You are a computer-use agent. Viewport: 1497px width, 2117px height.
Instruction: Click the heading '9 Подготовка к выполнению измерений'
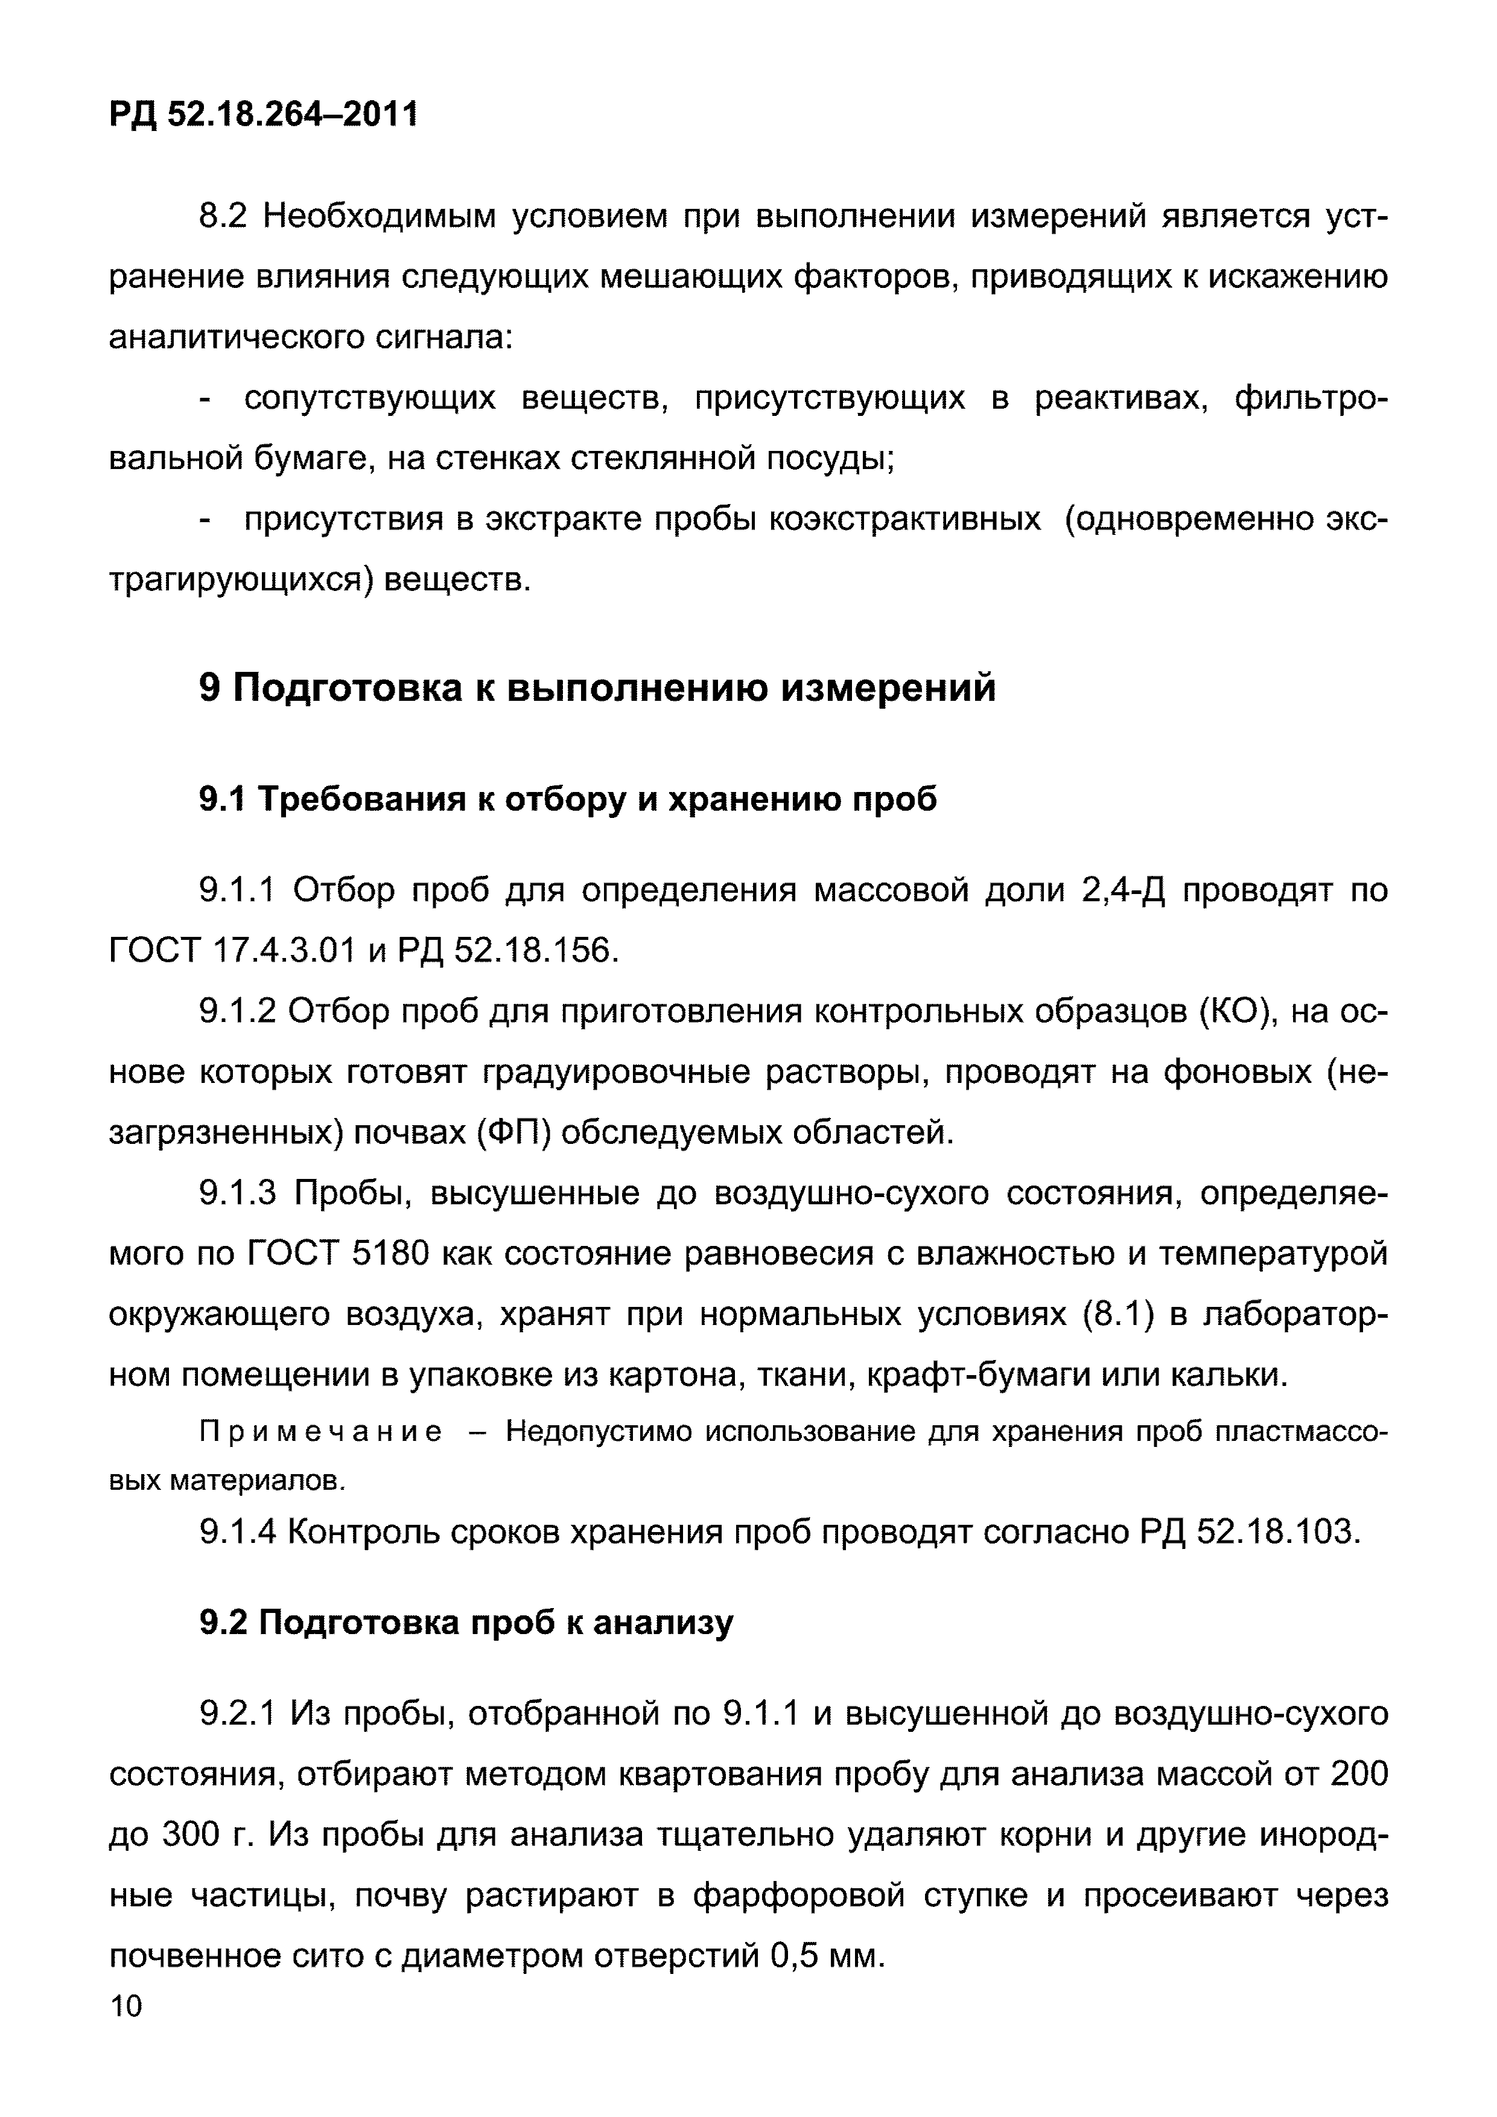point(597,688)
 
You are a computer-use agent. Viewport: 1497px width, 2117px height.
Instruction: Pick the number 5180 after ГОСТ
point(391,1254)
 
